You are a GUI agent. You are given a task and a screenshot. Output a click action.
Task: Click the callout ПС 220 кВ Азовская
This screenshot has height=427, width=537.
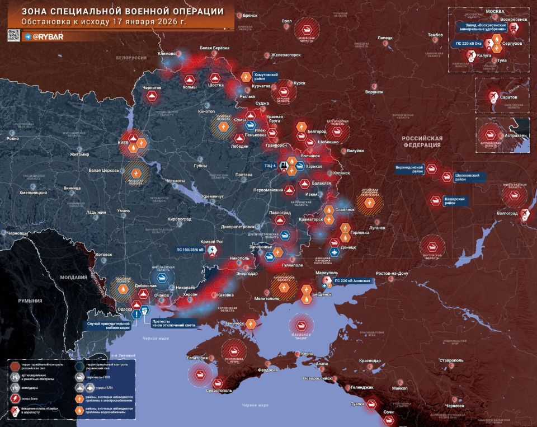click(x=352, y=280)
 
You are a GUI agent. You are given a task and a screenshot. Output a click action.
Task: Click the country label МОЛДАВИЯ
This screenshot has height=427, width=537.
click(x=73, y=277)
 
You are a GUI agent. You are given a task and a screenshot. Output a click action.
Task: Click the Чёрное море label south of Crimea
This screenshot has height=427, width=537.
click(x=255, y=404)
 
